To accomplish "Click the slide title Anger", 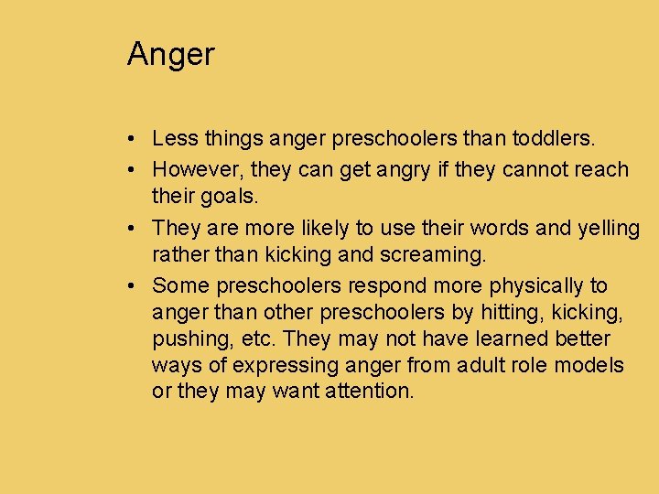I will click(170, 55).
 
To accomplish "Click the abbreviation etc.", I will click(260, 339).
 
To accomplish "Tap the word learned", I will click(474, 339).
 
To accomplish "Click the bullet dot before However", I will click(134, 169).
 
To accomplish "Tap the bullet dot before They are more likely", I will click(134, 227).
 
